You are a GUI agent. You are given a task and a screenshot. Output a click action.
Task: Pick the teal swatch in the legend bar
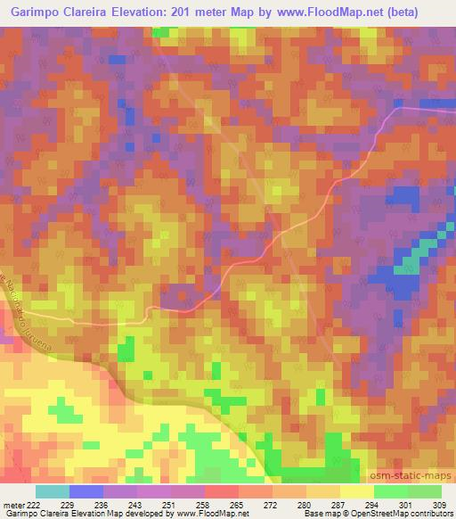pos(53,491)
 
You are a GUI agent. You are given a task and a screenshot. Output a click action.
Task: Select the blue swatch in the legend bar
pos(86,491)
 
